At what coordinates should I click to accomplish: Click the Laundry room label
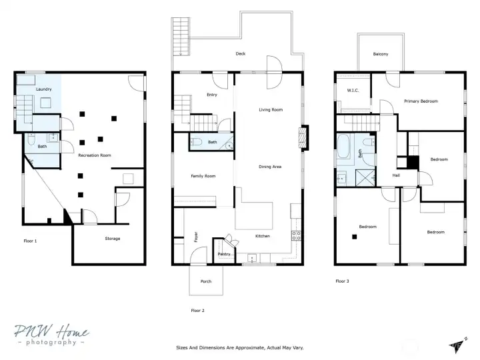click(x=44, y=89)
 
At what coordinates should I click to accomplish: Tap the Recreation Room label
click(x=95, y=155)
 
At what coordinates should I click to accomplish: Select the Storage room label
click(x=113, y=239)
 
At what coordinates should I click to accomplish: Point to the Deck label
click(x=241, y=53)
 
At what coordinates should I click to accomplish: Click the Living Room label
click(x=271, y=109)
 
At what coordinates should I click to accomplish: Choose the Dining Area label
click(x=270, y=167)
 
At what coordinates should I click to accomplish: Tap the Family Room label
click(x=203, y=176)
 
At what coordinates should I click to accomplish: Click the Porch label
click(x=206, y=281)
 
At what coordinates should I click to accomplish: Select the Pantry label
click(x=224, y=254)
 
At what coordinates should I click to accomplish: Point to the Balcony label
click(x=381, y=54)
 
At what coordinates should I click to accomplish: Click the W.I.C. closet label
click(x=353, y=90)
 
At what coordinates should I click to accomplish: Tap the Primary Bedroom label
click(x=421, y=101)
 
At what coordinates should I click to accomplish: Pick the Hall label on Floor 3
click(x=396, y=175)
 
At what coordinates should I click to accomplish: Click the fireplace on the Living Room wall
click(x=303, y=138)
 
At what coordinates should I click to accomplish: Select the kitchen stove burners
click(x=296, y=236)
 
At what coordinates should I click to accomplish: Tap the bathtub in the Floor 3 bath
click(x=343, y=146)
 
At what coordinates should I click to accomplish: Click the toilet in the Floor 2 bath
click(x=196, y=142)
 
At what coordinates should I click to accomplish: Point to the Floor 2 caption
click(x=198, y=311)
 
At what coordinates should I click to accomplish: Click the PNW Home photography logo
click(x=52, y=335)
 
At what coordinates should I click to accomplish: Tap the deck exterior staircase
click(x=181, y=37)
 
